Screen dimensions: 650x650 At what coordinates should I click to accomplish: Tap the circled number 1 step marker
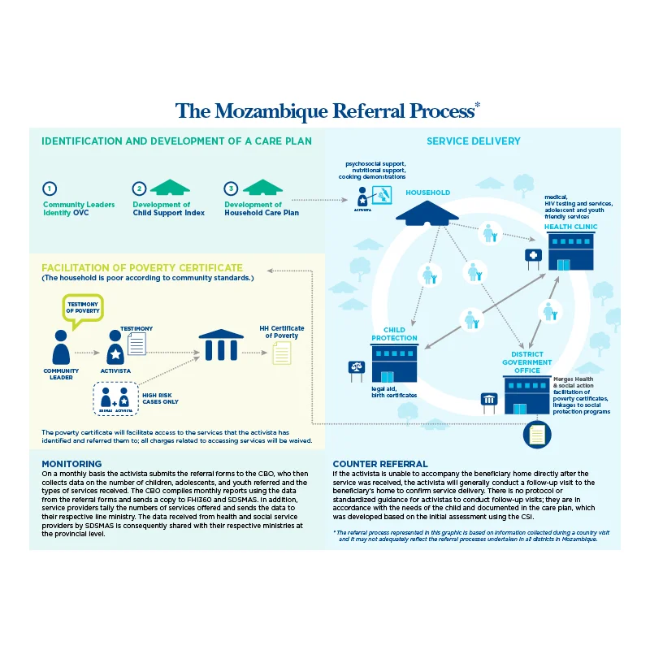coord(50,188)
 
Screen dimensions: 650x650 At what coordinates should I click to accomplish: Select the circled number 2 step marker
coord(140,188)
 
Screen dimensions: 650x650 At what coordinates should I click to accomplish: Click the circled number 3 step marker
coord(232,188)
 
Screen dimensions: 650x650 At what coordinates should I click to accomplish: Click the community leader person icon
coord(61,348)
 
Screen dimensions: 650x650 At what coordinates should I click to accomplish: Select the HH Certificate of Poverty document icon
coord(281,352)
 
